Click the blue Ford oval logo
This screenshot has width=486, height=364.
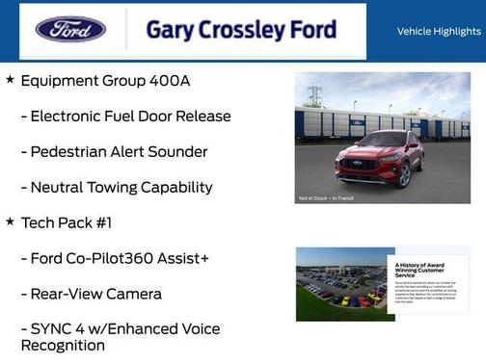click(x=70, y=30)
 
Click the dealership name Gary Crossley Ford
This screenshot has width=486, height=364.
click(x=241, y=30)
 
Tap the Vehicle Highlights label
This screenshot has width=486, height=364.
click(x=439, y=32)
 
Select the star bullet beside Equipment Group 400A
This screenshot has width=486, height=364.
click(x=10, y=80)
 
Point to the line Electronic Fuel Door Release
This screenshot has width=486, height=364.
click(x=125, y=117)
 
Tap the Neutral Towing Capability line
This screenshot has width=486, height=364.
click(x=116, y=187)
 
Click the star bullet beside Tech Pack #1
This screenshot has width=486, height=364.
click(x=10, y=222)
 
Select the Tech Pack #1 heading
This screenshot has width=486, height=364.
click(x=67, y=223)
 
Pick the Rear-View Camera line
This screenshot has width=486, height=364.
click(x=91, y=294)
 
